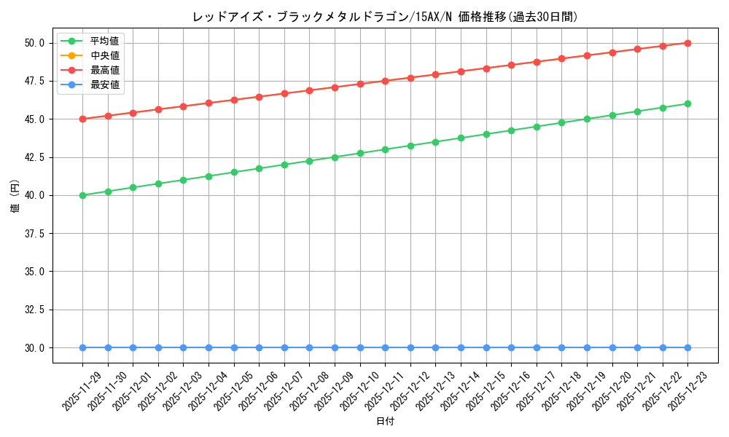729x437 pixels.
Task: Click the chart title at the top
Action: pyautogui.click(x=385, y=17)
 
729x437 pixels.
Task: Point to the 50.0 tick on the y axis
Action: pyautogui.click(x=35, y=43)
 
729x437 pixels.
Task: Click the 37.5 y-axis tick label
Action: pyautogui.click(x=35, y=234)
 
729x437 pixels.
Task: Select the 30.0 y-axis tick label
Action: pyautogui.click(x=35, y=347)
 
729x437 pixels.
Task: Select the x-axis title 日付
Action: pyautogui.click(x=385, y=422)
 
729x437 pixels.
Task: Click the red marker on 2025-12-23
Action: pyautogui.click(x=687, y=43)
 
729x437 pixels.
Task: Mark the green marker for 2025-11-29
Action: pyautogui.click(x=82, y=195)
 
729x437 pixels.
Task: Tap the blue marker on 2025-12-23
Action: pyautogui.click(x=687, y=347)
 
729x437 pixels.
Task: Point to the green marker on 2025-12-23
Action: pyautogui.click(x=687, y=103)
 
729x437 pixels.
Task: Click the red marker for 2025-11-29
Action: pyautogui.click(x=82, y=119)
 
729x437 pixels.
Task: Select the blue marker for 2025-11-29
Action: pyautogui.click(x=82, y=347)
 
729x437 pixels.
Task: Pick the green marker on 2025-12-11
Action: pyautogui.click(x=385, y=149)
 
